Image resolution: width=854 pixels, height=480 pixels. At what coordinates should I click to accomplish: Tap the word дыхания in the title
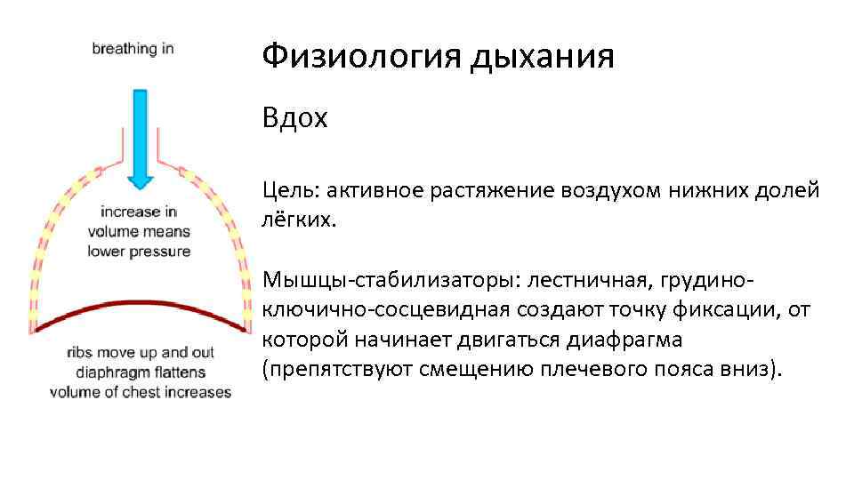pos(544,57)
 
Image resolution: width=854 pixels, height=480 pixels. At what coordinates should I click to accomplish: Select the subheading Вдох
pos(294,118)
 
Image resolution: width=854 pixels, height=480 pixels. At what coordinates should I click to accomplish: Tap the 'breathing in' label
pos(133,49)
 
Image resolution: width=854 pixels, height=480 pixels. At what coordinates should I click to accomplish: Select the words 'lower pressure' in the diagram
pos(139,252)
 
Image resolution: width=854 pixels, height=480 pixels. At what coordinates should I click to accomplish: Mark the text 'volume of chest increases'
pos(140,392)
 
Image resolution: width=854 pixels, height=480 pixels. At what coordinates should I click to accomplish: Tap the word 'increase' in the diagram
pos(131,212)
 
